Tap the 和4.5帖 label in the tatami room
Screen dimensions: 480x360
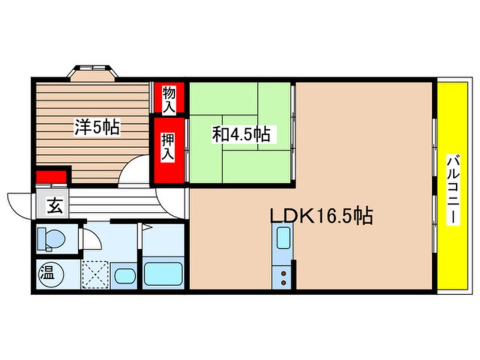click(242, 134)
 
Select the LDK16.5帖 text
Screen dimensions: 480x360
click(321, 216)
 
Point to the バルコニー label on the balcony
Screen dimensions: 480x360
click(453, 190)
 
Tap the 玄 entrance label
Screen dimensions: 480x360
click(55, 206)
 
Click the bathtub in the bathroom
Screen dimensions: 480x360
click(163, 274)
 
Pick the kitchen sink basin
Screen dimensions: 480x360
click(283, 238)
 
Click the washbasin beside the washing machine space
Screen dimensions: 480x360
click(125, 276)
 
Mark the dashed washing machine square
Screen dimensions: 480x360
click(95, 274)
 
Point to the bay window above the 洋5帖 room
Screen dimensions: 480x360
click(92, 73)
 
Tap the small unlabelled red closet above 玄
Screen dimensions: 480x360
click(51, 177)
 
